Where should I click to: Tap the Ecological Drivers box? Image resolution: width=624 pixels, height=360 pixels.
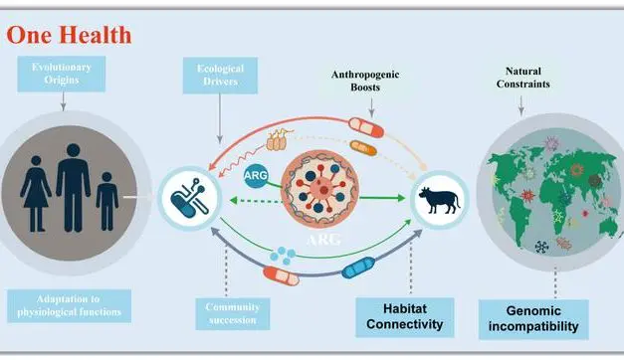(220, 75)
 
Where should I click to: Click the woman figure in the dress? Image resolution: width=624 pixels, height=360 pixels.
(36, 196)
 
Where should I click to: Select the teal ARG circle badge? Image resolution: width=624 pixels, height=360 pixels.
(256, 177)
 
